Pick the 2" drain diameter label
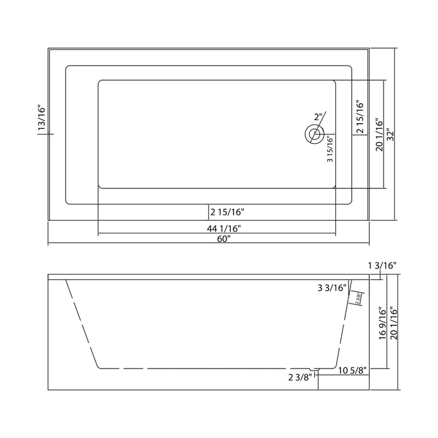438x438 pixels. (318, 117)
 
